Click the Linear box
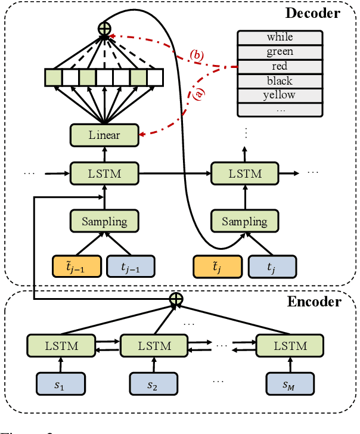tap(104, 135)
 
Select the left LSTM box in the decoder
tap(104, 173)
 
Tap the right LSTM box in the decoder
tap(245, 173)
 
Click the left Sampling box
tap(104, 222)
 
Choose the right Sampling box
tap(245, 222)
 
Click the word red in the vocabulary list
tap(280, 66)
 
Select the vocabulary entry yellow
tap(280, 95)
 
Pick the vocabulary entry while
tap(280, 38)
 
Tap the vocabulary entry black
tap(280, 80)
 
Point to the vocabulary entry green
tap(280, 52)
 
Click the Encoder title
tap(315, 302)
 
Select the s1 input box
tap(61, 385)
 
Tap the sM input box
tap(290, 385)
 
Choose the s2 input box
tap(154, 385)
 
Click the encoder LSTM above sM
tap(290, 346)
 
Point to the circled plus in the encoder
tap(175, 299)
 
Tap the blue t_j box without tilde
tap(272, 266)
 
